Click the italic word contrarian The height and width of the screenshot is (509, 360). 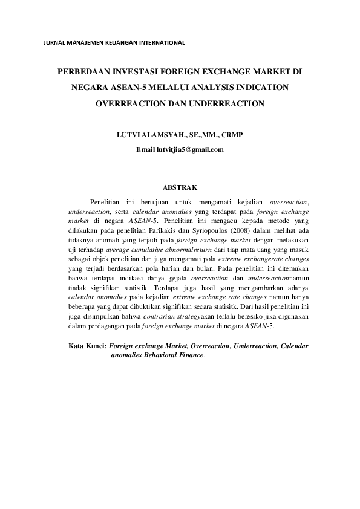pyautogui.click(x=163, y=317)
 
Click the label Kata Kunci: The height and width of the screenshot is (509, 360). pyautogui.click(x=87, y=346)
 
